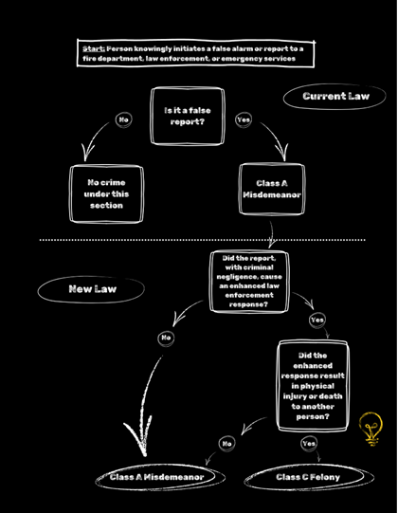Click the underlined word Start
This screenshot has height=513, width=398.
pos(94,49)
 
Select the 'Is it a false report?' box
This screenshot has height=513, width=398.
pos(188,116)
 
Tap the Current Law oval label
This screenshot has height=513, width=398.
pos(335,96)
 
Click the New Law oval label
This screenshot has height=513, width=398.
pos(91,289)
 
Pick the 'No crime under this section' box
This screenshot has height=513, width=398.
pos(107,194)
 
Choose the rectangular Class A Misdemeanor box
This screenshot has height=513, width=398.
pos(272,189)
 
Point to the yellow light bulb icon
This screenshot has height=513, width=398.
pos(371,429)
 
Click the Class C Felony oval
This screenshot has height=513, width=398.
pos(309,477)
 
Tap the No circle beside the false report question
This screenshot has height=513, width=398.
pos(123,119)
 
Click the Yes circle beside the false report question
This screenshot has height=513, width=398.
pos(244,119)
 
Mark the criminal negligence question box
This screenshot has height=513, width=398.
pos(249,282)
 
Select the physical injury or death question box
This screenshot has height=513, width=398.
pos(313,386)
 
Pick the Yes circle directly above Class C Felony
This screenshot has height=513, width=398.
pos(309,444)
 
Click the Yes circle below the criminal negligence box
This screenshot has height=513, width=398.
pos(317,320)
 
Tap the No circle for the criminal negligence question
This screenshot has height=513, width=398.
pos(166,338)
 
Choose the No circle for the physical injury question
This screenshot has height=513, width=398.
pos(227,444)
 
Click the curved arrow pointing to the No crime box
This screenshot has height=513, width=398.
pos(92,137)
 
